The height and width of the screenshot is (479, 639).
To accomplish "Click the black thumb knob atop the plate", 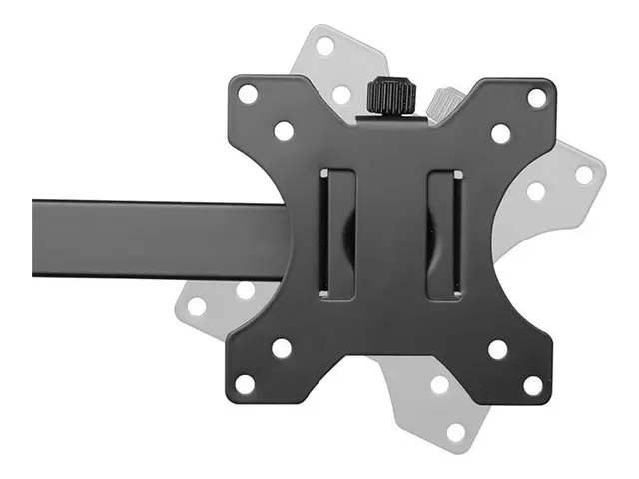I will pyautogui.click(x=391, y=96).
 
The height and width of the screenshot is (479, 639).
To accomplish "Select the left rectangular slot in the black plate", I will pyautogui.click(x=336, y=236).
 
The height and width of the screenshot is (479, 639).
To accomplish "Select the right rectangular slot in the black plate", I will pyautogui.click(x=444, y=236).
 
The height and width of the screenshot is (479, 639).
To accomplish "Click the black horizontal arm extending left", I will pyautogui.click(x=150, y=238).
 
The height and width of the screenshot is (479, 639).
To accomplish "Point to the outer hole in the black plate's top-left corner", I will pyautogui.click(x=248, y=94).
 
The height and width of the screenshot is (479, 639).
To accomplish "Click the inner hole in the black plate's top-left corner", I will pyautogui.click(x=284, y=130).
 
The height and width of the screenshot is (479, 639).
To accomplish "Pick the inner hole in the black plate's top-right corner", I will pyautogui.click(x=500, y=133).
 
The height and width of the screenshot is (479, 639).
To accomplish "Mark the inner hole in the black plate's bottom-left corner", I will pyautogui.click(x=282, y=348).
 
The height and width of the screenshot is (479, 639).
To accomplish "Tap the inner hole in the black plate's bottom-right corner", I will pyautogui.click(x=497, y=349).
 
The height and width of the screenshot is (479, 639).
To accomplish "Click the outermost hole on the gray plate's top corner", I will pyautogui.click(x=324, y=46).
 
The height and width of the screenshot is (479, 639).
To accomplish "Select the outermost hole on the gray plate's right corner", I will pyautogui.click(x=584, y=174).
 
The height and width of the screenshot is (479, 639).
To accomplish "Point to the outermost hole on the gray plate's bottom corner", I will pyautogui.click(x=456, y=432).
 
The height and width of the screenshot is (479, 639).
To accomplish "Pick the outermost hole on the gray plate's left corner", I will pyautogui.click(x=197, y=305).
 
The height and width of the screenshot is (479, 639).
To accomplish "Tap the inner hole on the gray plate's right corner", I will pyautogui.click(x=536, y=190).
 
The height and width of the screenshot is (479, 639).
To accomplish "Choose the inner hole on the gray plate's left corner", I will pyautogui.click(x=246, y=290).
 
